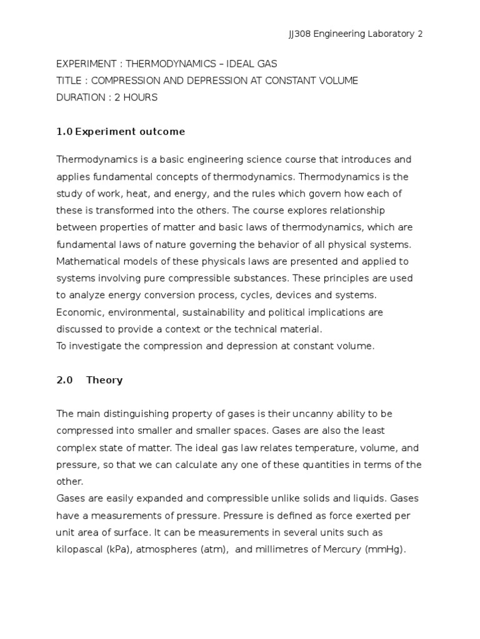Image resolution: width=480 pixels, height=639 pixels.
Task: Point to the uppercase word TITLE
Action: point(67,80)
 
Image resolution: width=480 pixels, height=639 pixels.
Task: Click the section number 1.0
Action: point(64,132)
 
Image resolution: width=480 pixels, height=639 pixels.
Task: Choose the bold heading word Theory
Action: point(104,380)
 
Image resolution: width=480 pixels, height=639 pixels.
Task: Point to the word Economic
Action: point(78,312)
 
